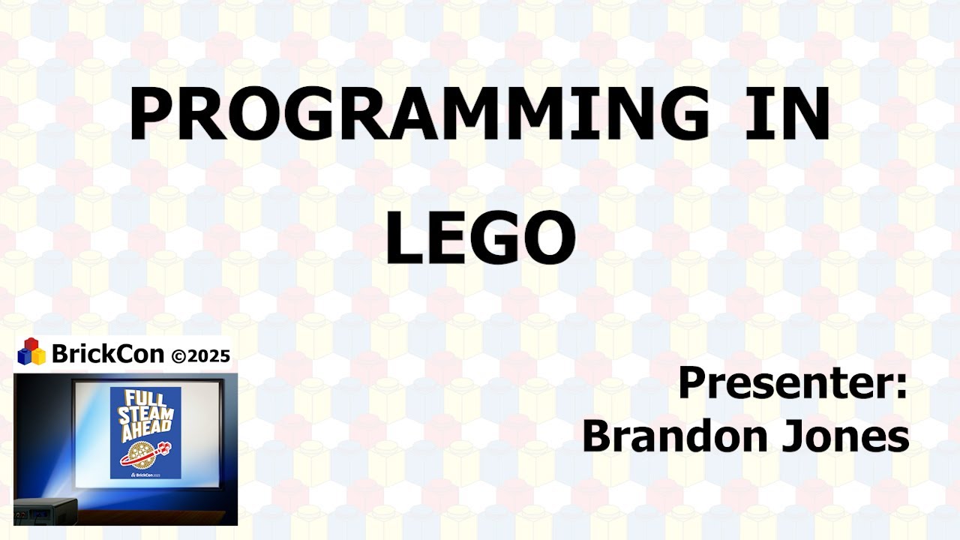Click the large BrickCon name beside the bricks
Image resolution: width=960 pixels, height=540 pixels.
pyautogui.click(x=107, y=353)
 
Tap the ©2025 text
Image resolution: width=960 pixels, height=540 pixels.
pyautogui.click(x=200, y=355)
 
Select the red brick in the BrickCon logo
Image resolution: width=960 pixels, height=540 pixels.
pyautogui.click(x=31, y=345)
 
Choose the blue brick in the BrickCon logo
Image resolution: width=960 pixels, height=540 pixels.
pyautogui.click(x=24, y=357)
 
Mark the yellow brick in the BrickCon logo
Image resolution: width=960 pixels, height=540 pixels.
pyautogui.click(x=38, y=357)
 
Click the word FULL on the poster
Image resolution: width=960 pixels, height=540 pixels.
pyautogui.click(x=145, y=397)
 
